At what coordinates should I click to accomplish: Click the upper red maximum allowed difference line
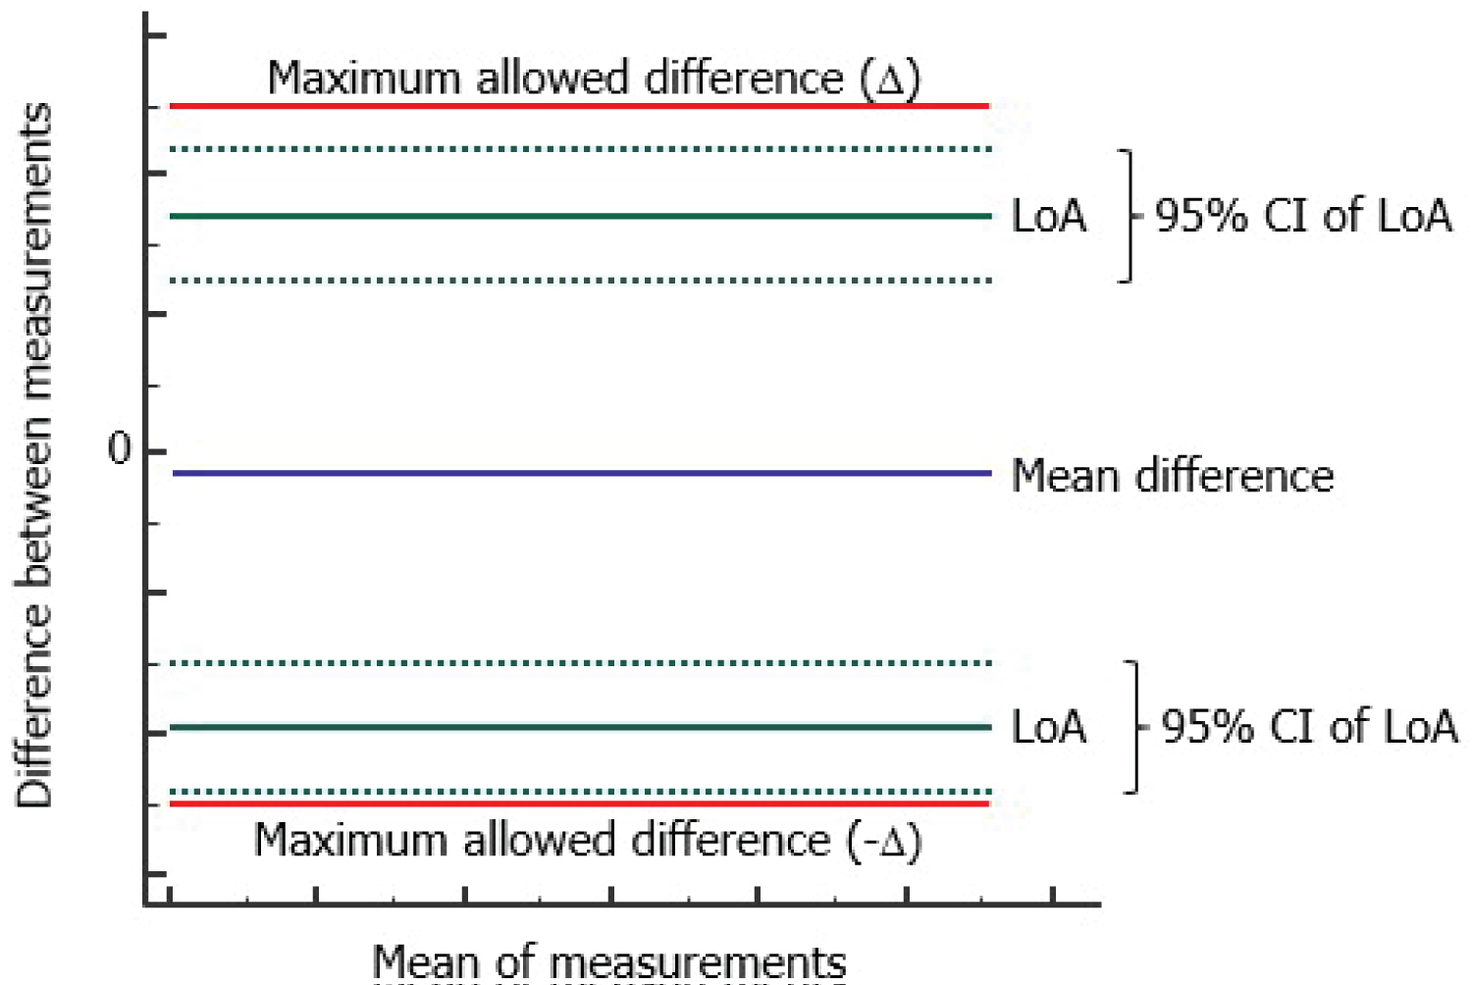pos(579,105)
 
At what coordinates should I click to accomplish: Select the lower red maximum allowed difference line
pos(579,804)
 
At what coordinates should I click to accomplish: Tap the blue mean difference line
pos(579,473)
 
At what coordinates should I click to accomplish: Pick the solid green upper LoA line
pos(579,216)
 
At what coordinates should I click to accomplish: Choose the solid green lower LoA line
pos(579,727)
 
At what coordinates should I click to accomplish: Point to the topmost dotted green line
pos(579,149)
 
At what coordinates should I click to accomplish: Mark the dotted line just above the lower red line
pos(579,791)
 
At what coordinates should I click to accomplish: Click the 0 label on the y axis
pos(119,449)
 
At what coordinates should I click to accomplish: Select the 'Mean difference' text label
pos(1172,476)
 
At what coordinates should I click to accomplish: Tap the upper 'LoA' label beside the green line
pos(1048,217)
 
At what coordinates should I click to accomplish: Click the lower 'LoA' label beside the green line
pos(1048,728)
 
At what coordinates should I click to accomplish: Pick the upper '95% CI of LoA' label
pos(1302,216)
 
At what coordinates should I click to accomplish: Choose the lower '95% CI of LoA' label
pos(1309,727)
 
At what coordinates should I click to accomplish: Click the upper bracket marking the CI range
pos(1130,216)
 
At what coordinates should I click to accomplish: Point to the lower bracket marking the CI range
pos(1135,727)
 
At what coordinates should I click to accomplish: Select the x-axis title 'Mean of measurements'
pos(608,961)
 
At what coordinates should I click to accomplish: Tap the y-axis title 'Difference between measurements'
pos(34,456)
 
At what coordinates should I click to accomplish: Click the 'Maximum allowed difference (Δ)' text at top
pos(594,78)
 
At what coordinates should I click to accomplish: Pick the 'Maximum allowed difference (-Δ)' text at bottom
pos(587,841)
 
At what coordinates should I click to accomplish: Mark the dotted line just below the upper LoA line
pos(579,281)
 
